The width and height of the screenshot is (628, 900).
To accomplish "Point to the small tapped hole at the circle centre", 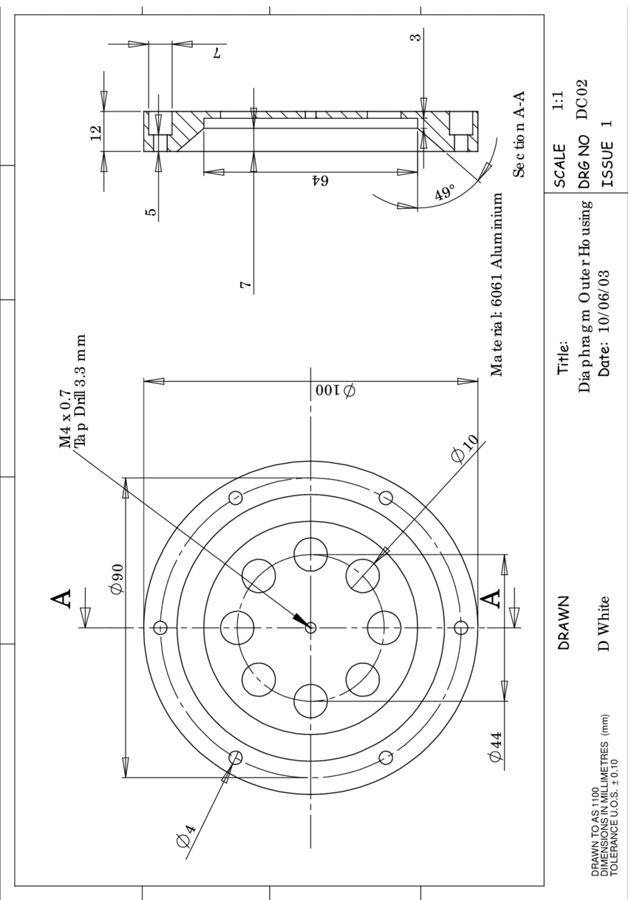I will (x=310, y=628).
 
